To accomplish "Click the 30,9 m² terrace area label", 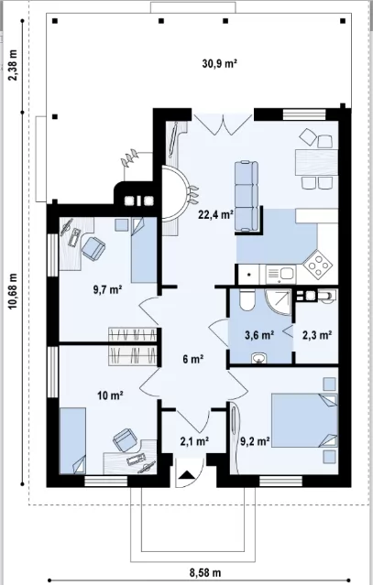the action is click(x=220, y=63).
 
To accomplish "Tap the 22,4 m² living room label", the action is click(x=216, y=214).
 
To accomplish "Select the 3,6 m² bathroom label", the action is click(x=259, y=335).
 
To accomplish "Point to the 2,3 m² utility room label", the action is click(x=317, y=335).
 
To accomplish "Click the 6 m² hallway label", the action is click(x=193, y=359).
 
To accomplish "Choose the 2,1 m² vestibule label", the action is click(x=194, y=441).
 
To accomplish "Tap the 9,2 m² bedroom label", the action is click(x=256, y=441).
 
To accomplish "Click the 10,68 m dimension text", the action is click(x=14, y=291).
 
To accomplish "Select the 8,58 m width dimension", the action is click(x=205, y=572).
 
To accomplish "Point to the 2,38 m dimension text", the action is click(x=14, y=65).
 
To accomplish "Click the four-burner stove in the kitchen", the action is click(x=318, y=265).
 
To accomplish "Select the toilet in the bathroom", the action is click(x=247, y=299).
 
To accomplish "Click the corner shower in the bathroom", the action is click(x=279, y=301).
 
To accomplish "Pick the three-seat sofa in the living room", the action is click(x=247, y=196).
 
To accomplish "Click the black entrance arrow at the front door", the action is click(x=188, y=475).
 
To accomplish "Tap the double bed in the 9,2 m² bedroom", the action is click(x=304, y=419).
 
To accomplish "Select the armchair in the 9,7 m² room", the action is click(x=93, y=249).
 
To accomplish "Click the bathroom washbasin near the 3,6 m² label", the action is click(x=258, y=358).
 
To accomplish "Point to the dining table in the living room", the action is click(x=316, y=162).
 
